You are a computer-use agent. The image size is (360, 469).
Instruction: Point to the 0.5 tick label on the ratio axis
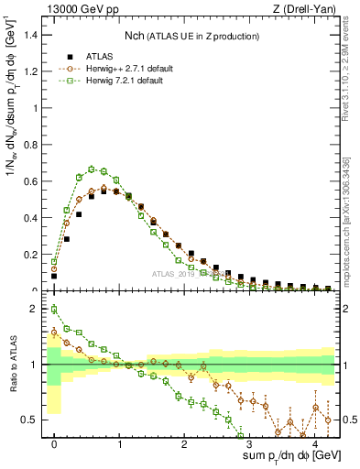32,420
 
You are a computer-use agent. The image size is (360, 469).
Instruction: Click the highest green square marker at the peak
92,169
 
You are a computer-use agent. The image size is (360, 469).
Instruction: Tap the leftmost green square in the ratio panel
54,309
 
